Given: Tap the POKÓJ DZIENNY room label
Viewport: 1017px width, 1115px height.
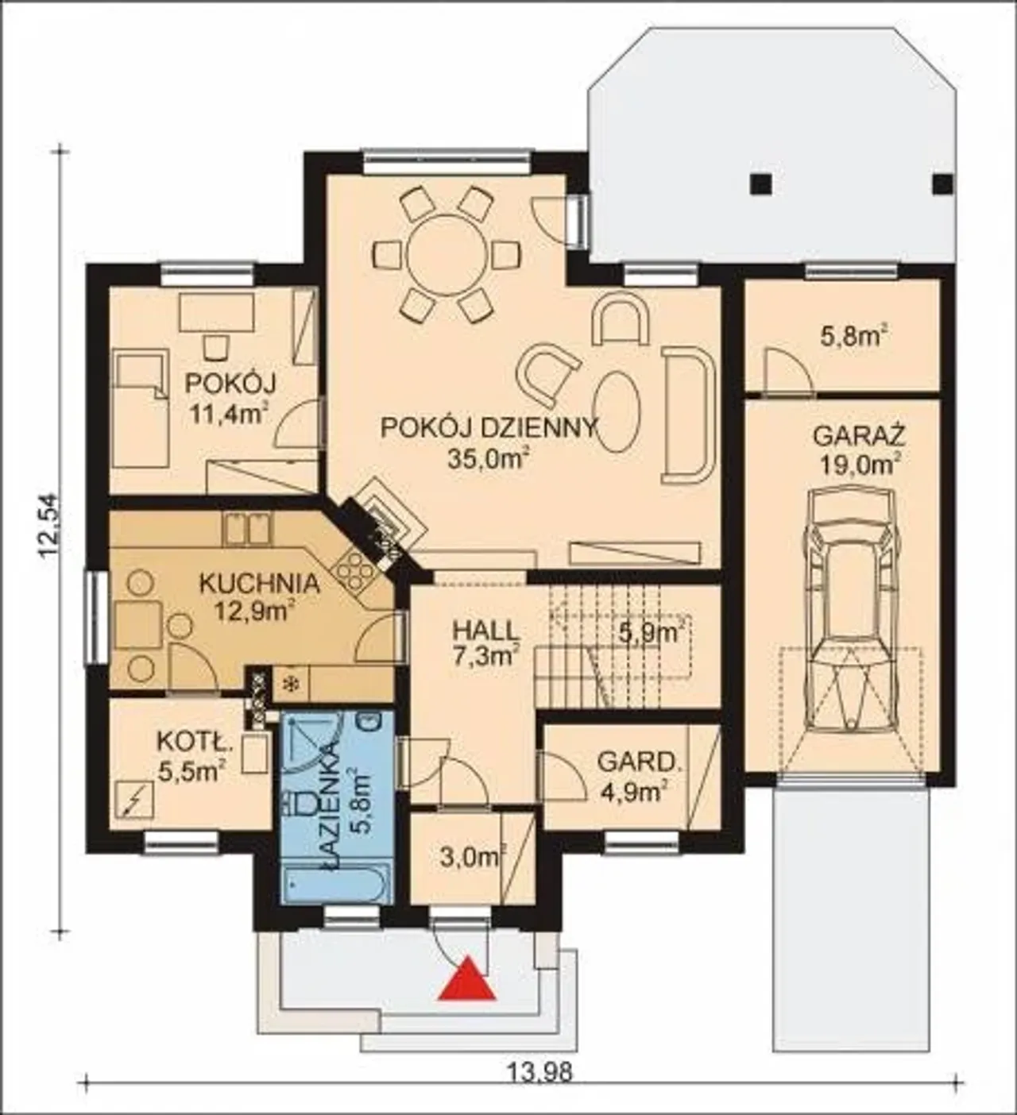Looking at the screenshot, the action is [x=489, y=427].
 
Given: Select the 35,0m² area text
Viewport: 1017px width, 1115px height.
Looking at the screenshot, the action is [x=489, y=460].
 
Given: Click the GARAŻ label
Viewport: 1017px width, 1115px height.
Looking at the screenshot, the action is [x=859, y=435].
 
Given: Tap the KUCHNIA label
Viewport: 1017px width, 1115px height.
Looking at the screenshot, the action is [x=259, y=584].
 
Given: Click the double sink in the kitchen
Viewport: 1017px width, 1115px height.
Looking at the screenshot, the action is [x=247, y=529].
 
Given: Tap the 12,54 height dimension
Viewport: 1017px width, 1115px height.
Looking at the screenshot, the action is [x=50, y=526].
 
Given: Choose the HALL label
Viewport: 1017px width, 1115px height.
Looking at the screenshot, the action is [x=486, y=631].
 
